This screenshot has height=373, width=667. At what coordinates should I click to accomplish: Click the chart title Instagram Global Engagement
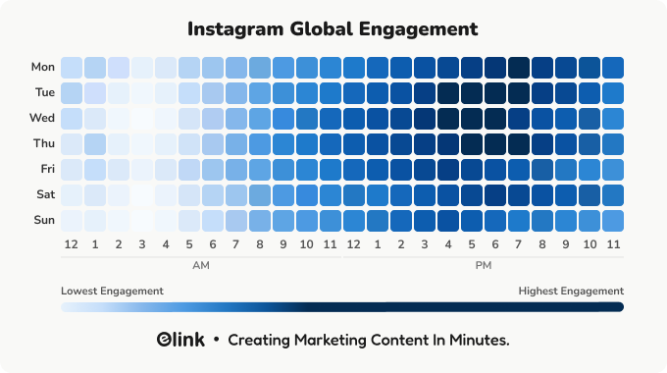pos(333,28)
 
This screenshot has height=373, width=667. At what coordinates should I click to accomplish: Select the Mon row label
pos(43,68)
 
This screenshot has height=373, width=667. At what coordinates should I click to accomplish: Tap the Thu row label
pos(43,143)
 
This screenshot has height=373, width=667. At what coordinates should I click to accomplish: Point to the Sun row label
pos(44,219)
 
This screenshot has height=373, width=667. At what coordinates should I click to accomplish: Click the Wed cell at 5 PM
pos(472,118)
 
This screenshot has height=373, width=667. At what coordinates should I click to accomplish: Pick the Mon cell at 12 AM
pos(72,68)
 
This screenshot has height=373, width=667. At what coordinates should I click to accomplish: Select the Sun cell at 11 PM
pos(613,219)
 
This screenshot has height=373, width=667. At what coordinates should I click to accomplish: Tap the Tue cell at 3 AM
pos(142,93)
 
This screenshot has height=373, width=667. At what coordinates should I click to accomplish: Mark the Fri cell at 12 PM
pos(354,169)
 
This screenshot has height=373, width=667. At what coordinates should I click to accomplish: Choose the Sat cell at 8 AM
pos(260,194)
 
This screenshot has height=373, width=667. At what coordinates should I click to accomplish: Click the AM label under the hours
pos(201,265)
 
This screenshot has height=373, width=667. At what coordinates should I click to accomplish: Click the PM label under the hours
pos(484,265)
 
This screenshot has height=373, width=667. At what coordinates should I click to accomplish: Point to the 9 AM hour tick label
pos(283,243)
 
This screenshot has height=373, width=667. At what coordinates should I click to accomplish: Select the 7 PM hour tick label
pos(519,243)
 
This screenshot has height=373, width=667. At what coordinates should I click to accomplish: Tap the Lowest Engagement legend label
pos(112,291)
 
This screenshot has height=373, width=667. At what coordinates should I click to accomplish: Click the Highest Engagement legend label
pos(571,291)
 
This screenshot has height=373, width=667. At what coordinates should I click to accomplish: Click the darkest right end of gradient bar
pos(618,307)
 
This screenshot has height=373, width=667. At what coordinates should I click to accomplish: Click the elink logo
pos(180,341)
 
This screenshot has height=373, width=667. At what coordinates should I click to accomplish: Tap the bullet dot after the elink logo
pos(216,341)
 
